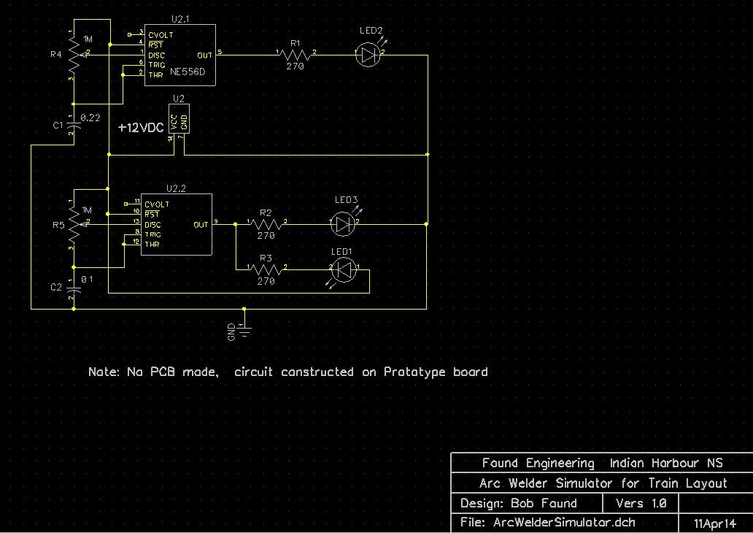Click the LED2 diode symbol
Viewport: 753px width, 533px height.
(370, 53)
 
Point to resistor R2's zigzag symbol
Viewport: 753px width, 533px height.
(266, 223)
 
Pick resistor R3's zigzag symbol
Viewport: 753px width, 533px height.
(266, 269)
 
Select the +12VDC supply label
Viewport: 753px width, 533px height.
(142, 127)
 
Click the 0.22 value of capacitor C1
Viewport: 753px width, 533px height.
(90, 117)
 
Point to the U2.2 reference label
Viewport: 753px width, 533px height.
(177, 188)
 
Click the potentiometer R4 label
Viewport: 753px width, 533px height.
(56, 54)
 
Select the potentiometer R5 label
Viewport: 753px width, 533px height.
(58, 226)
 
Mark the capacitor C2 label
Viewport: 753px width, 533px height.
(57, 287)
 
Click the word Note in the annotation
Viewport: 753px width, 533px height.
(102, 372)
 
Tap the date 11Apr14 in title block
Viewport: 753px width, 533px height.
(715, 524)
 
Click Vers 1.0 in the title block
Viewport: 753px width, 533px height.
(641, 503)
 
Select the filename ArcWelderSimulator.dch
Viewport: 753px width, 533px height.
(564, 522)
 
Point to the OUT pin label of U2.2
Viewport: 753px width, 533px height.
(201, 225)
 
